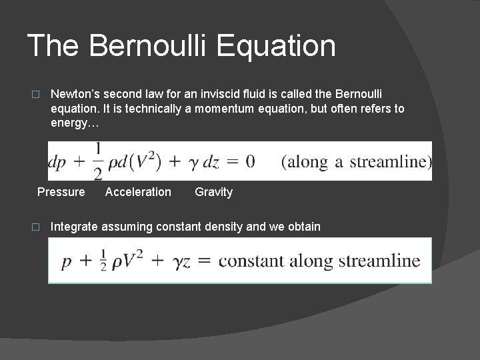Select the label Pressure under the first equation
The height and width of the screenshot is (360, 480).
(x=61, y=192)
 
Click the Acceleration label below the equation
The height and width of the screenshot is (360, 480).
(x=138, y=192)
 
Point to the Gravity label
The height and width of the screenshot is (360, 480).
(x=213, y=192)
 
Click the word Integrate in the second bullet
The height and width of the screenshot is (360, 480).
(x=73, y=227)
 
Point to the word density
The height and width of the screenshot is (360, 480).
(x=223, y=227)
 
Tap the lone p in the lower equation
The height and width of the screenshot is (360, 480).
(x=67, y=262)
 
